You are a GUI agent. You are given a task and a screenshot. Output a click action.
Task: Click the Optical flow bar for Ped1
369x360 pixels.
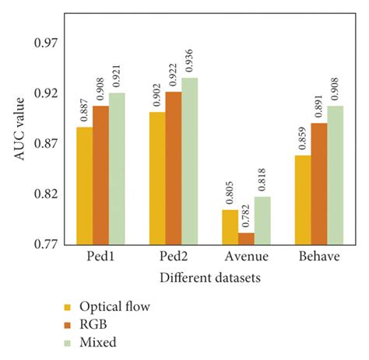coord(85,186)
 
